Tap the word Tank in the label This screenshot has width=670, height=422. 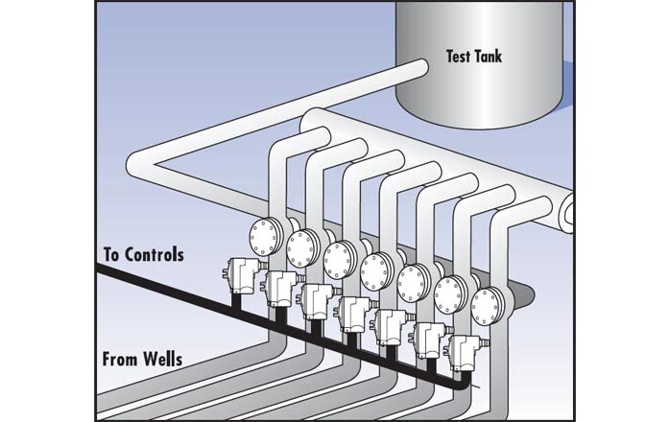point(503,57)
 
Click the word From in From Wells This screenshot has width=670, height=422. point(122,363)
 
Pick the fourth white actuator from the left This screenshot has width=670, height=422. point(352,311)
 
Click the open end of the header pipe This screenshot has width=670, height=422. point(570,209)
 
